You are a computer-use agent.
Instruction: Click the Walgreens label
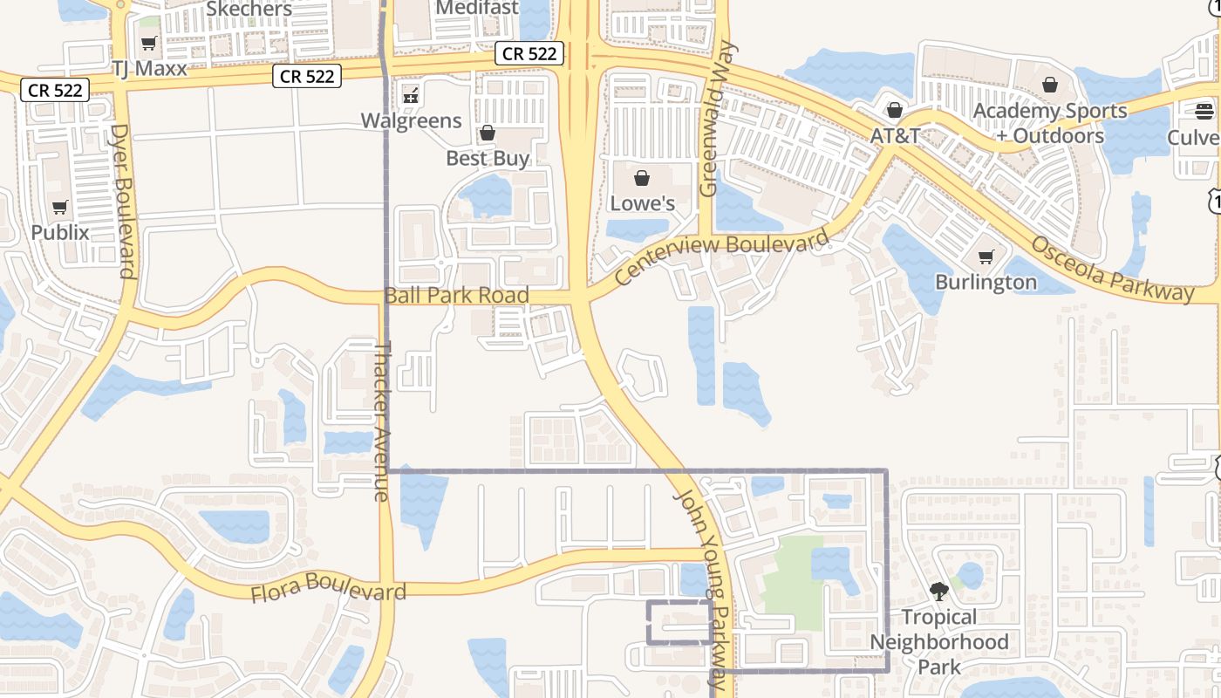tap(412, 120)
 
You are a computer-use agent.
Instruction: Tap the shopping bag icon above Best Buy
tap(487, 133)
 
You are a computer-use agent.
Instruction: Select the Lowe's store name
tap(642, 203)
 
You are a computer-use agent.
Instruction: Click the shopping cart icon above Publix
tap(60, 208)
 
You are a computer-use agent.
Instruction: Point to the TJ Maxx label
tap(149, 68)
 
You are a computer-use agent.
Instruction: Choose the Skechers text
tap(249, 10)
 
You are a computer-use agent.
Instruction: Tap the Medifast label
tap(476, 8)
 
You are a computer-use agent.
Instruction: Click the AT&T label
tap(895, 136)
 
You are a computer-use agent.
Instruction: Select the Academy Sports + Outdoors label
tap(1050, 123)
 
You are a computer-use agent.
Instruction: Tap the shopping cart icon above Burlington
tap(986, 257)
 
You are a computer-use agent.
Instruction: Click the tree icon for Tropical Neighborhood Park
tap(938, 592)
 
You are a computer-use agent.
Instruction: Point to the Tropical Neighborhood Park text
tap(938, 642)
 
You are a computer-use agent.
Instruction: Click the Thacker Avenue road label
tap(381, 421)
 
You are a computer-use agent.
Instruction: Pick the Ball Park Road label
tap(457, 295)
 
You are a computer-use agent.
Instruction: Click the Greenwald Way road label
tap(718, 120)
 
